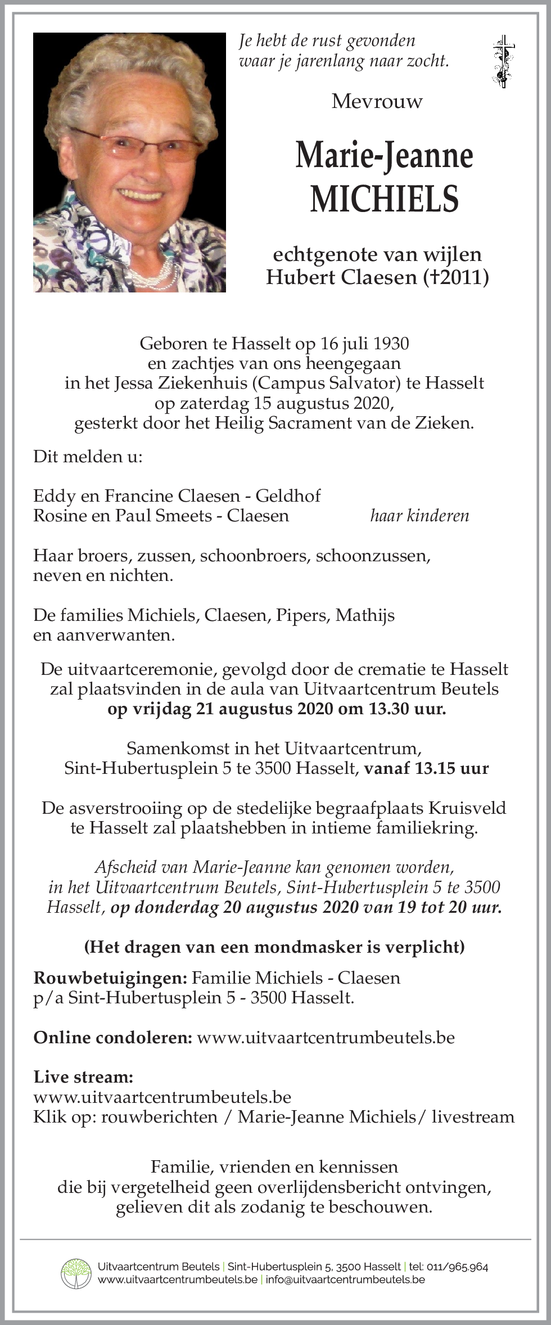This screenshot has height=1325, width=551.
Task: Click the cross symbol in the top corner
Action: [x=502, y=61]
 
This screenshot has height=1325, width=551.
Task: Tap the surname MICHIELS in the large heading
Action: [x=385, y=199]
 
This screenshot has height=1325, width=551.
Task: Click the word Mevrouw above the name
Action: [x=377, y=101]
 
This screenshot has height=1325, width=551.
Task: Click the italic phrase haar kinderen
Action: [x=419, y=516]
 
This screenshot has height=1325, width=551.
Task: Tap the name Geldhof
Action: [x=288, y=495]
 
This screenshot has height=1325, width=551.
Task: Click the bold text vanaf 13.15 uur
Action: [x=426, y=768]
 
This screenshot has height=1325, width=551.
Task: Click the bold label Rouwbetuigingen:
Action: [x=110, y=978]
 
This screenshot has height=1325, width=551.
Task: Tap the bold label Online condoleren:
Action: [x=113, y=1037]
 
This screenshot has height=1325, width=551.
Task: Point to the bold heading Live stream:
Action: [x=83, y=1077]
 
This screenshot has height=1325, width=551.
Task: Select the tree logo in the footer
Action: [x=76, y=1274]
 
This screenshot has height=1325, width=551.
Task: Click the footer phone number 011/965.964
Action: [x=458, y=1267]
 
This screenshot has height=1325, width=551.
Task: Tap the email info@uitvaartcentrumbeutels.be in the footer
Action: [x=345, y=1280]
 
